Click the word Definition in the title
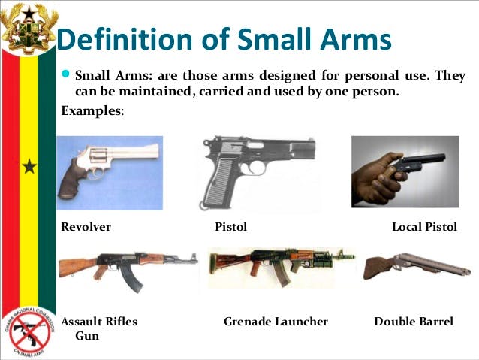[125, 39]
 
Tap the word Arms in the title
[356, 39]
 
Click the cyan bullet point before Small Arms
[65, 74]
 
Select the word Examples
[92, 110]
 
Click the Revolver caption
[86, 227]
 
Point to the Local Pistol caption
[425, 227]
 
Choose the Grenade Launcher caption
[276, 322]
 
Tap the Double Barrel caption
[414, 322]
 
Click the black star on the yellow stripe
[29, 166]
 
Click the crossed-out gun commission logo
[29, 332]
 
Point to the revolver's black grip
[71, 180]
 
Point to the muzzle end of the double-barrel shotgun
[467, 271]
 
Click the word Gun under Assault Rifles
[87, 336]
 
